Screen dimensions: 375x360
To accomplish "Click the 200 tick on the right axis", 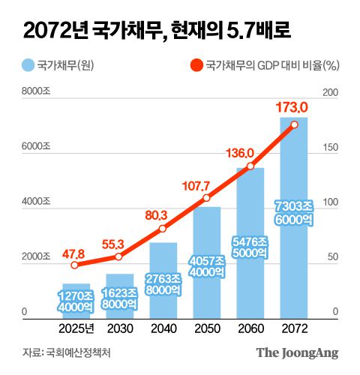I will pyautogui.click(x=330, y=91).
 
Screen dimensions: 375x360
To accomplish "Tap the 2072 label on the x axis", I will pyautogui.click(x=293, y=328).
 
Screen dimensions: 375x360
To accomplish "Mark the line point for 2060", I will pyautogui.click(x=250, y=166).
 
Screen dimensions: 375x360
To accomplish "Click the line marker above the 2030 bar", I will pyautogui.click(x=118, y=256).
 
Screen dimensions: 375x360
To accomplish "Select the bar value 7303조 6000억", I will pyautogui.click(x=293, y=213).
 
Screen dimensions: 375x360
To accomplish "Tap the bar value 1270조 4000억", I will pyautogui.click(x=75, y=300).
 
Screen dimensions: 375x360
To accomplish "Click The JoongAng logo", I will pyautogui.click(x=297, y=352).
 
